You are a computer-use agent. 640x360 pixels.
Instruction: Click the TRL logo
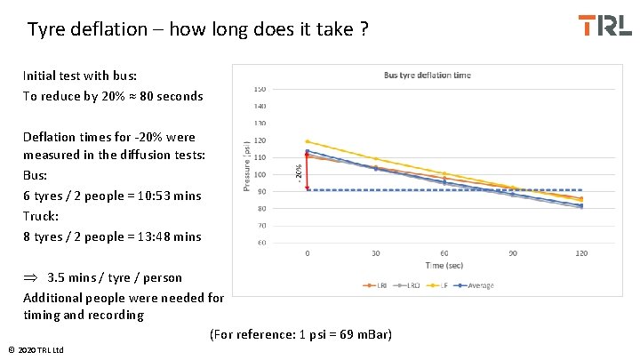tap(604, 25)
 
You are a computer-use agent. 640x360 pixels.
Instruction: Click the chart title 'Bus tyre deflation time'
tap(427, 76)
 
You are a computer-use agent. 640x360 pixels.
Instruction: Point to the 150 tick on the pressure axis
tap(260, 89)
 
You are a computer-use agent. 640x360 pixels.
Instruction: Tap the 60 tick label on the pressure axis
tap(260, 242)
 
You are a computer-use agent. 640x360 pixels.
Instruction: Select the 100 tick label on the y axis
tap(260, 174)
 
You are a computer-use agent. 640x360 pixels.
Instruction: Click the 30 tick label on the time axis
tap(375, 253)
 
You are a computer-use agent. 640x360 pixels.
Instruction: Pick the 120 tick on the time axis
tap(581, 253)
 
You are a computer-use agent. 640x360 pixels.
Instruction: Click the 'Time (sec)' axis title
tap(444, 266)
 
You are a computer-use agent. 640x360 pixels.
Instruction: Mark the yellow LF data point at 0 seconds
tap(308, 141)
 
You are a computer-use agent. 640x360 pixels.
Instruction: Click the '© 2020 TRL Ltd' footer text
tap(35, 350)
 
